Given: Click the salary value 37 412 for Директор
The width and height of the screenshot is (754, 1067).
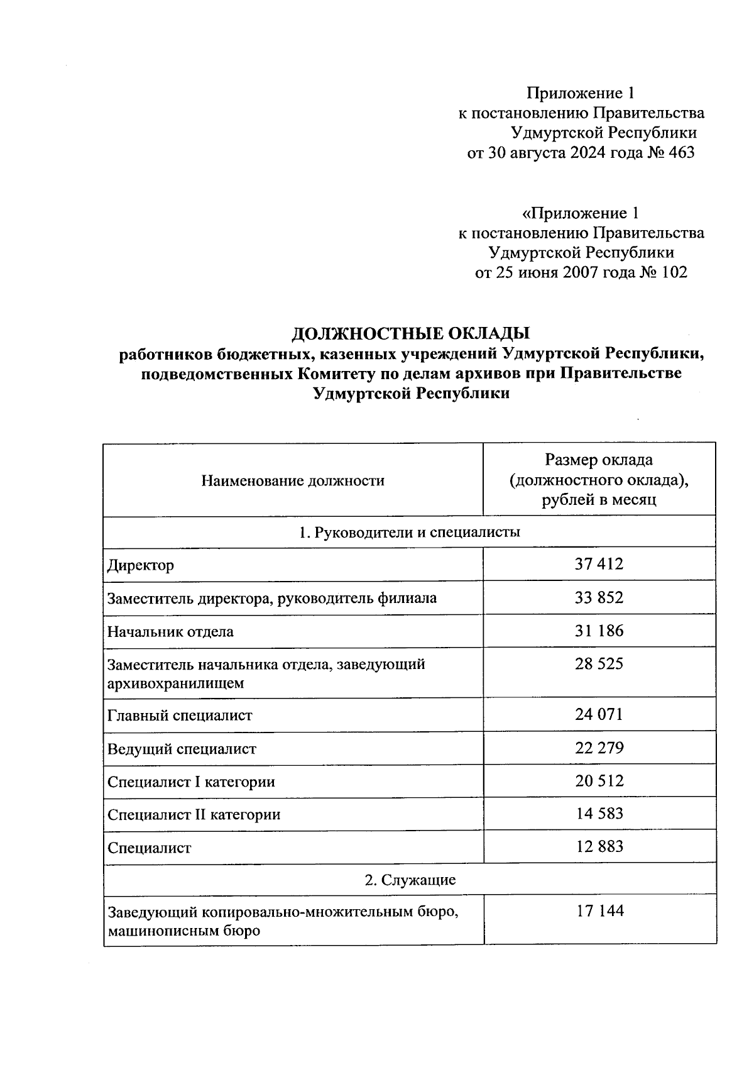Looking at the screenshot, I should [599, 564].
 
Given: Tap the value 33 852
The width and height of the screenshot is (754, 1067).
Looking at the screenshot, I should [599, 597].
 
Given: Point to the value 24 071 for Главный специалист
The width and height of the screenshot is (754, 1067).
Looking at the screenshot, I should [599, 714].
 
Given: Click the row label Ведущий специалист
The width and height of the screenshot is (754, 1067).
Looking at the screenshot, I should [182, 749].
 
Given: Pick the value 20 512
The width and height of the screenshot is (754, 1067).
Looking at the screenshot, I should [599, 781].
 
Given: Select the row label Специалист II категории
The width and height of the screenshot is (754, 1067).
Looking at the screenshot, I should [194, 815].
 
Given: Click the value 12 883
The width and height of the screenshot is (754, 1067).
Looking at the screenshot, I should [599, 846].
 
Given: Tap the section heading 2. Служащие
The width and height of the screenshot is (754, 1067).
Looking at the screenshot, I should [410, 880].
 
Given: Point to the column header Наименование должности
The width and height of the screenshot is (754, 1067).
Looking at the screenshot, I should [293, 481].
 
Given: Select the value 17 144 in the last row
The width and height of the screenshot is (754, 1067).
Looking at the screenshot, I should [599, 911].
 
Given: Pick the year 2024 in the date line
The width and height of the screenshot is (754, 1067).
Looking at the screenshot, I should [587, 153].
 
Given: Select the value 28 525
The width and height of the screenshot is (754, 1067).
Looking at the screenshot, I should [599, 664].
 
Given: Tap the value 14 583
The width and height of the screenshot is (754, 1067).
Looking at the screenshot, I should [599, 814].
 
